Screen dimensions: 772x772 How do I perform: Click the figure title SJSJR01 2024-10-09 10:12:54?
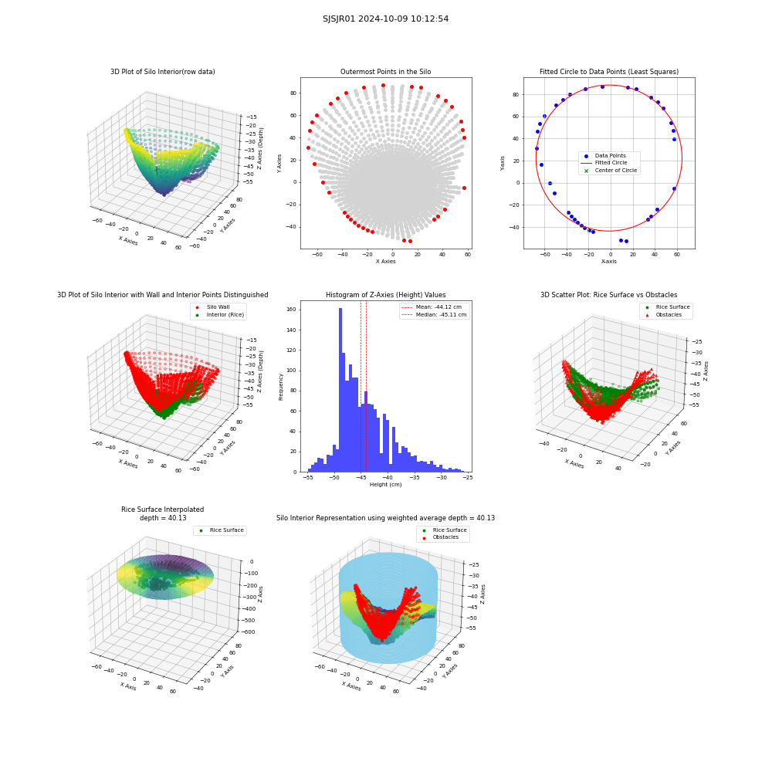(385, 19)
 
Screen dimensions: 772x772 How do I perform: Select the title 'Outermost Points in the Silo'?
(385, 72)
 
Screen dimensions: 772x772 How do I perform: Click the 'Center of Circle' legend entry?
(611, 171)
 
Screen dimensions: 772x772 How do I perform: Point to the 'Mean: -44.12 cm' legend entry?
(433, 306)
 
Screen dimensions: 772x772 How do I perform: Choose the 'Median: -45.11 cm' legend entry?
(434, 315)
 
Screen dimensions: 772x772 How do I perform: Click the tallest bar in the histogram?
(340, 390)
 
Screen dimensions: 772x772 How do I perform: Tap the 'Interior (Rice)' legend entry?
(219, 315)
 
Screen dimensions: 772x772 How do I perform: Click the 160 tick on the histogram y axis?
(292, 310)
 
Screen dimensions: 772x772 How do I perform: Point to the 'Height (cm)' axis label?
(385, 485)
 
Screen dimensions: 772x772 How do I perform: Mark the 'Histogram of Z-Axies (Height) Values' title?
(385, 295)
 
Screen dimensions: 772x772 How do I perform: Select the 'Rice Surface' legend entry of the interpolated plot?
(221, 530)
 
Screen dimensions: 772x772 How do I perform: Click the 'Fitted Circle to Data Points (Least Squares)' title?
(609, 72)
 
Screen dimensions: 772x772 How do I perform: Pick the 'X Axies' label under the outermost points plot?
(385, 262)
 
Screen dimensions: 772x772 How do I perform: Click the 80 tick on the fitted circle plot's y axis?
(516, 94)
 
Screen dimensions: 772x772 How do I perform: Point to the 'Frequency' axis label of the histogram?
(281, 387)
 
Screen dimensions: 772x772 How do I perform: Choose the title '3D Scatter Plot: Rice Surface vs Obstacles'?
(609, 295)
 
